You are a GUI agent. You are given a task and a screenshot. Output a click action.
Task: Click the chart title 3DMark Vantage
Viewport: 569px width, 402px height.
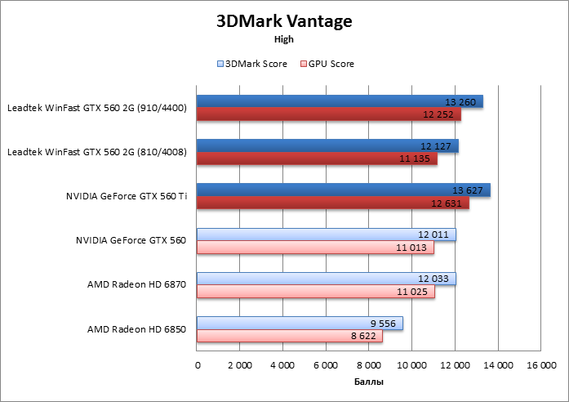[x=284, y=21]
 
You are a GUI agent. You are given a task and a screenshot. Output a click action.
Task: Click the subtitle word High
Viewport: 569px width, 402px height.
[x=284, y=38]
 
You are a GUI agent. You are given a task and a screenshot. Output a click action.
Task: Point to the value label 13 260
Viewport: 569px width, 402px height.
[x=461, y=102]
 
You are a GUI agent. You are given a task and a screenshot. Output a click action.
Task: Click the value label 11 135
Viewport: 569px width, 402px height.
[x=416, y=159]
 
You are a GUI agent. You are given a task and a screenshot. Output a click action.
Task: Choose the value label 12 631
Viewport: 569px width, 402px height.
[x=447, y=203]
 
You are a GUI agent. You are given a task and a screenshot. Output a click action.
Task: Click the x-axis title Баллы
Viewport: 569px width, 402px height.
[x=369, y=382]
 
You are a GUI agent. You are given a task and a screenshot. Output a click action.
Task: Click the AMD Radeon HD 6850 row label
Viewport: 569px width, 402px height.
[x=136, y=328]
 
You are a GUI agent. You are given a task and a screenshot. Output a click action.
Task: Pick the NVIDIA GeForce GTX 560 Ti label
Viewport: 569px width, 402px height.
[x=126, y=196]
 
